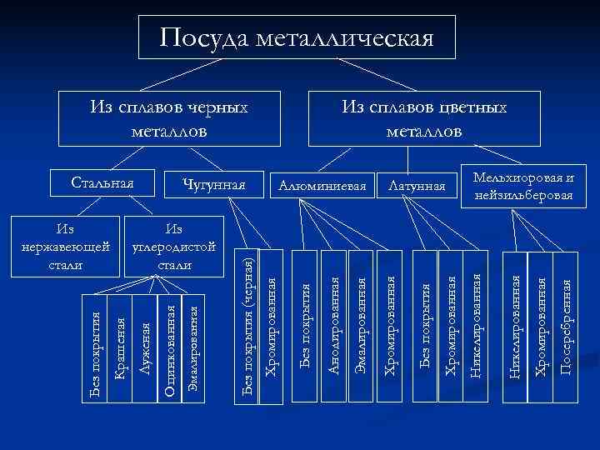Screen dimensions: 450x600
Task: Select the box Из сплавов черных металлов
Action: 168,119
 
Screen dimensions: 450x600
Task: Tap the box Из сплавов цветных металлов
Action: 424,119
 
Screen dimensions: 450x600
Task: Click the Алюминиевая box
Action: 323,185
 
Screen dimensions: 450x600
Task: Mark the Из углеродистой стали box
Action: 174,247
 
